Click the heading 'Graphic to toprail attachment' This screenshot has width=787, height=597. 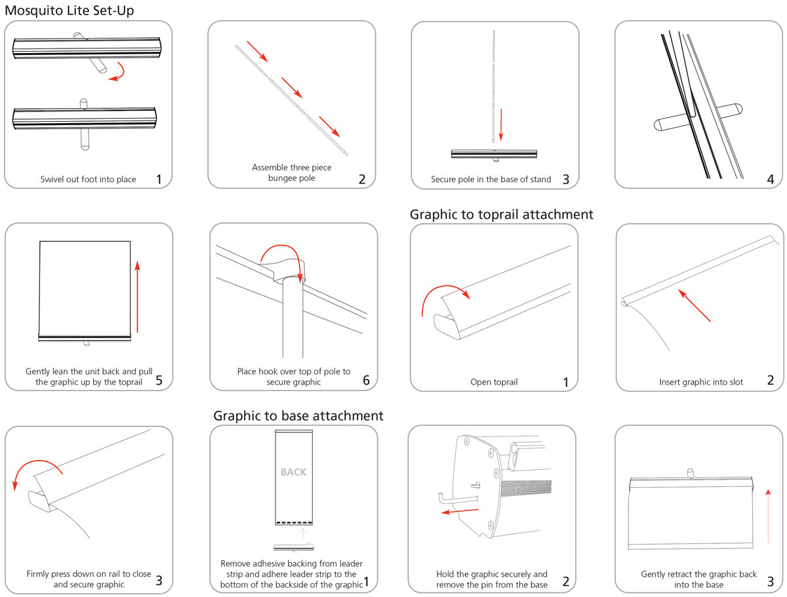(x=501, y=214)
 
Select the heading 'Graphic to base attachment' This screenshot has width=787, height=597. (x=298, y=415)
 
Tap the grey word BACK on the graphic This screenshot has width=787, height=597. (x=293, y=472)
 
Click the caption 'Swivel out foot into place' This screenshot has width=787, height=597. (x=88, y=179)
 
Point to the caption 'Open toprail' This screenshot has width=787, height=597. (x=494, y=381)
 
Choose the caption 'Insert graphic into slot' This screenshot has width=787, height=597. (x=700, y=381)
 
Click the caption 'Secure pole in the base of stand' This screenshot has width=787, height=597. (x=491, y=179)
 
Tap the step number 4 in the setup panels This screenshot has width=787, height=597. (x=770, y=179)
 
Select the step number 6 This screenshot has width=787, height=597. (x=366, y=380)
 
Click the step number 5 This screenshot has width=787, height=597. (x=159, y=380)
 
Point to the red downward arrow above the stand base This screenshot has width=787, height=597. (x=501, y=125)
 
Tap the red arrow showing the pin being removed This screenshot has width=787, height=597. (x=459, y=510)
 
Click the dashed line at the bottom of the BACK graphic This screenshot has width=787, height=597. (x=293, y=522)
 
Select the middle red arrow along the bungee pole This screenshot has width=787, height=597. (x=292, y=87)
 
